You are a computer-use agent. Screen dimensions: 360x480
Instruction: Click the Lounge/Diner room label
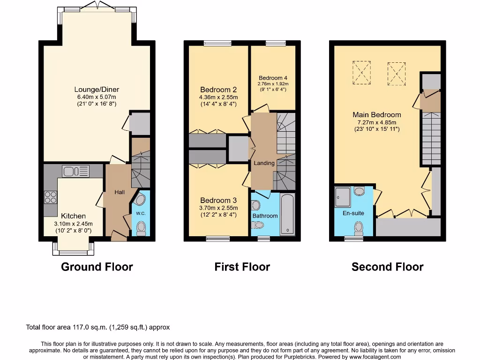coord(97,90)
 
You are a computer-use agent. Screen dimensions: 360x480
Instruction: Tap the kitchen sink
coord(75,172)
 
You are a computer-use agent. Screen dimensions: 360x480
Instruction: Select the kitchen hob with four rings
coord(50,198)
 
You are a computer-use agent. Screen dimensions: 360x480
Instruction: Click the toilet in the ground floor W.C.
coord(141,228)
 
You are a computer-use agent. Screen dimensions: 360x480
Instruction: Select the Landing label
coord(264,163)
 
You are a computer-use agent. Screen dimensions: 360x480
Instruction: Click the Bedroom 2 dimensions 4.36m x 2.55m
coord(218,97)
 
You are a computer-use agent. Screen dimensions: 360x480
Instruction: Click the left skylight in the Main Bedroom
coord(361,73)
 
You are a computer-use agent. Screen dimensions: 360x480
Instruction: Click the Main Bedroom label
coord(377,114)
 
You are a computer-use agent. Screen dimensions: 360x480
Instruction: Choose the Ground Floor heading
coord(97,267)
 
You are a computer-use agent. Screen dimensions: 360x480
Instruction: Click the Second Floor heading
coord(387,267)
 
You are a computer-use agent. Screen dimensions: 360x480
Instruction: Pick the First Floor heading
coord(242,267)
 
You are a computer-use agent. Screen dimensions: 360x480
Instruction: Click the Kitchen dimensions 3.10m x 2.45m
coord(74,224)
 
